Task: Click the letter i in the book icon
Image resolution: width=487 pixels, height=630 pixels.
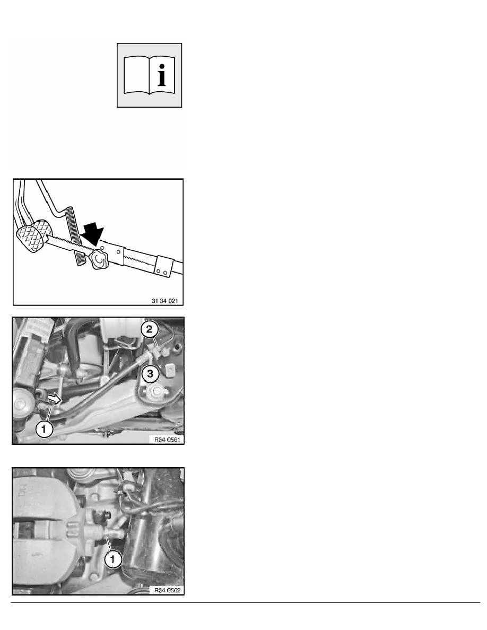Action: (162, 75)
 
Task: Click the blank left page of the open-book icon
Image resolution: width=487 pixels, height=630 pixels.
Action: (137, 75)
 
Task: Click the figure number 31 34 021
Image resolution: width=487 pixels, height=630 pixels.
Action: (165, 301)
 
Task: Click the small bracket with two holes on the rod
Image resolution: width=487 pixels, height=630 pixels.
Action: (164, 266)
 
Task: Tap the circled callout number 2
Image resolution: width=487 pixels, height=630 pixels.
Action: (150, 329)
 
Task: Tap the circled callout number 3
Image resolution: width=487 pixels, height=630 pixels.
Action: (150, 374)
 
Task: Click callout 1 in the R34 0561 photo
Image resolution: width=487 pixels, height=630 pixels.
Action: (44, 429)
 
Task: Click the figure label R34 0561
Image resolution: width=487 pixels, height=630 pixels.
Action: (167, 440)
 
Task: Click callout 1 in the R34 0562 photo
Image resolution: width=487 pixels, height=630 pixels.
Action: (112, 559)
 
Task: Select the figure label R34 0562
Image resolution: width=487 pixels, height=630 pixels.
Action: (167, 590)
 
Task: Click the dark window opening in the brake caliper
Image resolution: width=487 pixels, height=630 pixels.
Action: (26, 530)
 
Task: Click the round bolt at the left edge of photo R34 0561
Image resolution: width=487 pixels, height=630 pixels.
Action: (21, 405)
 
